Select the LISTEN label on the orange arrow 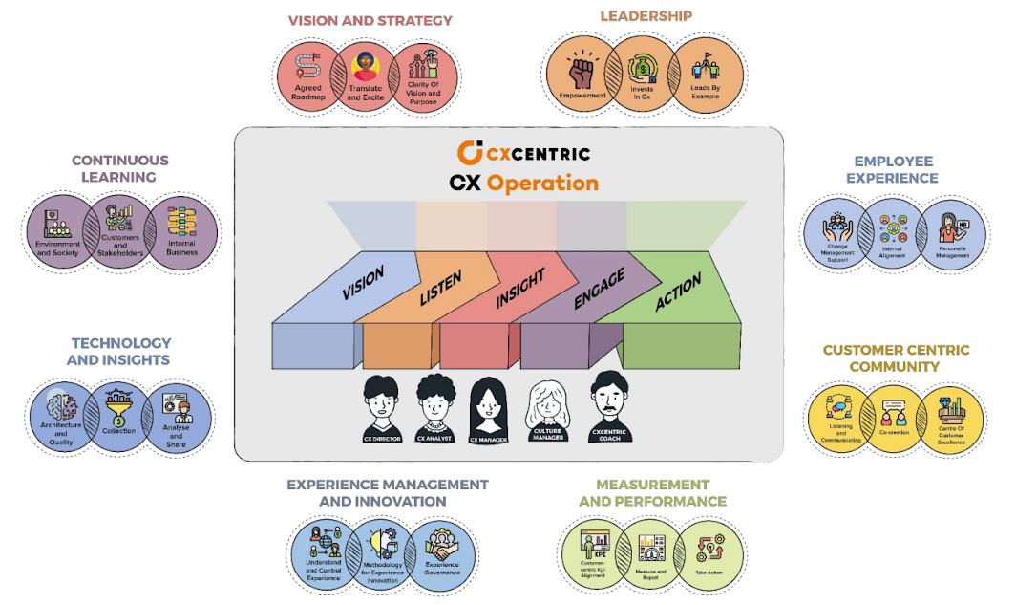pyautogui.click(x=440, y=287)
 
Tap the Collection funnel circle pyautogui.click(x=119, y=414)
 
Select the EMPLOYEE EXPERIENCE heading pyautogui.click(x=896, y=169)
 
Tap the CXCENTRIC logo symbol pyautogui.click(x=469, y=152)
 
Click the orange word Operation pyautogui.click(x=542, y=183)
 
